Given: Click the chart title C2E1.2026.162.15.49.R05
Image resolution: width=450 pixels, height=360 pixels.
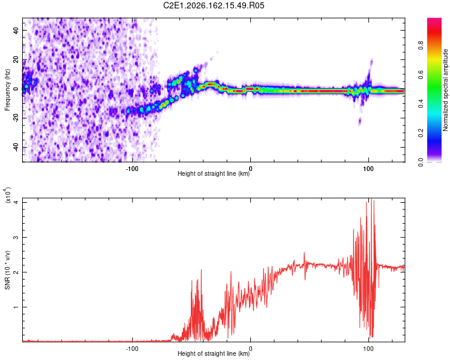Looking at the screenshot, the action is pyautogui.click(x=214, y=5).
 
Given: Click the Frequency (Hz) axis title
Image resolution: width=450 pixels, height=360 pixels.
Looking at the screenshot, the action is pyautogui.click(x=7, y=90).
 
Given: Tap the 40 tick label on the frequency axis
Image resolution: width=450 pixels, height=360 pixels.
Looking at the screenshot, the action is pyautogui.click(x=16, y=31).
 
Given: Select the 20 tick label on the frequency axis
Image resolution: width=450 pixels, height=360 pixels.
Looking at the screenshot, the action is pyautogui.click(x=16, y=60).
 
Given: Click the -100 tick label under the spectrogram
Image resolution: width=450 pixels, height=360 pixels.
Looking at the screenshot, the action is pyautogui.click(x=132, y=169).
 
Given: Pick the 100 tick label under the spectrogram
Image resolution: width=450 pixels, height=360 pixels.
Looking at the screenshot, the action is pyautogui.click(x=368, y=169).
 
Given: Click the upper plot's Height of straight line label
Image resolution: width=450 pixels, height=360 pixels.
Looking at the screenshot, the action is pyautogui.click(x=214, y=173).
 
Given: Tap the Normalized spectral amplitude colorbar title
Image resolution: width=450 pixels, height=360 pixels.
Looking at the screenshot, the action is pyautogui.click(x=445, y=90).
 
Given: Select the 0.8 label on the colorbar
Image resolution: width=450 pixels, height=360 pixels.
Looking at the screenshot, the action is pyautogui.click(x=421, y=46).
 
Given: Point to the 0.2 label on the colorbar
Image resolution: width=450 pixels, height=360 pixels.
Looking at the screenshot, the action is pyautogui.click(x=421, y=133).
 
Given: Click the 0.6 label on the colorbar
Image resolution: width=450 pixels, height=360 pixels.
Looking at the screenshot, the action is pyautogui.click(x=421, y=74).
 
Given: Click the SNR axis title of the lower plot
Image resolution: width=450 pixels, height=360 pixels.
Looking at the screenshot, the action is pyautogui.click(x=7, y=270).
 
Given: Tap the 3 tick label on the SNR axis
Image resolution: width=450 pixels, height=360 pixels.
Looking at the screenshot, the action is pyautogui.click(x=16, y=238).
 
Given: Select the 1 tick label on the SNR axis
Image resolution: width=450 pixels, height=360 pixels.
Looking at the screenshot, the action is pyautogui.click(x=16, y=307).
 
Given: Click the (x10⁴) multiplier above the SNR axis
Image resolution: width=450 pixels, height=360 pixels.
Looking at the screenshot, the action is pyautogui.click(x=7, y=195).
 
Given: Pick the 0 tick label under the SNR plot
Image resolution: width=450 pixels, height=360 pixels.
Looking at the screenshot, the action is pyautogui.click(x=251, y=349).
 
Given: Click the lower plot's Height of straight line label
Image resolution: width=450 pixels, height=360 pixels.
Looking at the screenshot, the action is pyautogui.click(x=214, y=353).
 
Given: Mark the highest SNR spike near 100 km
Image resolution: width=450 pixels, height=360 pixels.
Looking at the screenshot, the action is pyautogui.click(x=371, y=199).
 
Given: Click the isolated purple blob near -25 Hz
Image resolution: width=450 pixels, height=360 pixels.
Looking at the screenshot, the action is pyautogui.click(x=359, y=122).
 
